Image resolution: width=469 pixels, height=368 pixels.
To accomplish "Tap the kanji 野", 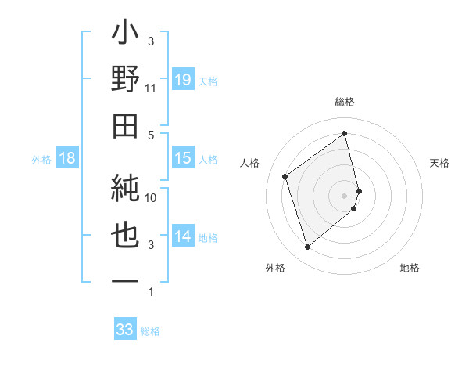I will [125, 80].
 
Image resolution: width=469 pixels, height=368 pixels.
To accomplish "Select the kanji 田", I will [125, 127].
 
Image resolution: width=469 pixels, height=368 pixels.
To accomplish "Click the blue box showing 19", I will [183, 79].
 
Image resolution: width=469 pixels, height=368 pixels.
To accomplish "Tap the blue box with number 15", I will [183, 158].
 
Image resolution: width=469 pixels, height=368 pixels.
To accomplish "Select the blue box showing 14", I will [183, 236].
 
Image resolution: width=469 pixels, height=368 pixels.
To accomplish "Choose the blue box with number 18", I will [67, 158].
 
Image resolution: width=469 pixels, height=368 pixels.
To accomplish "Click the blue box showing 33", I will [125, 330].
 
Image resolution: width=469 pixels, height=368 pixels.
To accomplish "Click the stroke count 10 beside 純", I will [151, 198].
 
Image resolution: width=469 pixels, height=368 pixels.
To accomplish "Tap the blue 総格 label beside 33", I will [150, 331].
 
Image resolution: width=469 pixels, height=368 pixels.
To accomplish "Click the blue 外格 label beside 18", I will [41, 159].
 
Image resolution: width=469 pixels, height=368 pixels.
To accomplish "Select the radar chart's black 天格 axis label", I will [440, 163].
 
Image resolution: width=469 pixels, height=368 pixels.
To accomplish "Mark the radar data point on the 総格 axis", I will [345, 133].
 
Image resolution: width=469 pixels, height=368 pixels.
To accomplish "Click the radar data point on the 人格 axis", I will [285, 176].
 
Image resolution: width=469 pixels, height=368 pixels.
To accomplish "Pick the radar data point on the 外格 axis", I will [307, 247].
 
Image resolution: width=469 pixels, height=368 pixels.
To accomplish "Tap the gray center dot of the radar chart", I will [345, 195].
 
